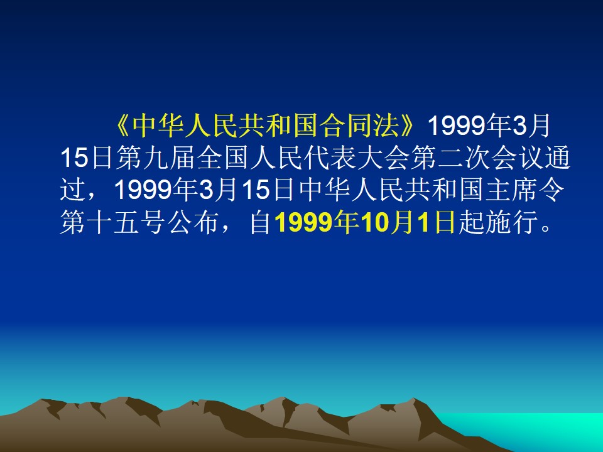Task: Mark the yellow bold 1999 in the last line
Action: click(303, 222)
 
